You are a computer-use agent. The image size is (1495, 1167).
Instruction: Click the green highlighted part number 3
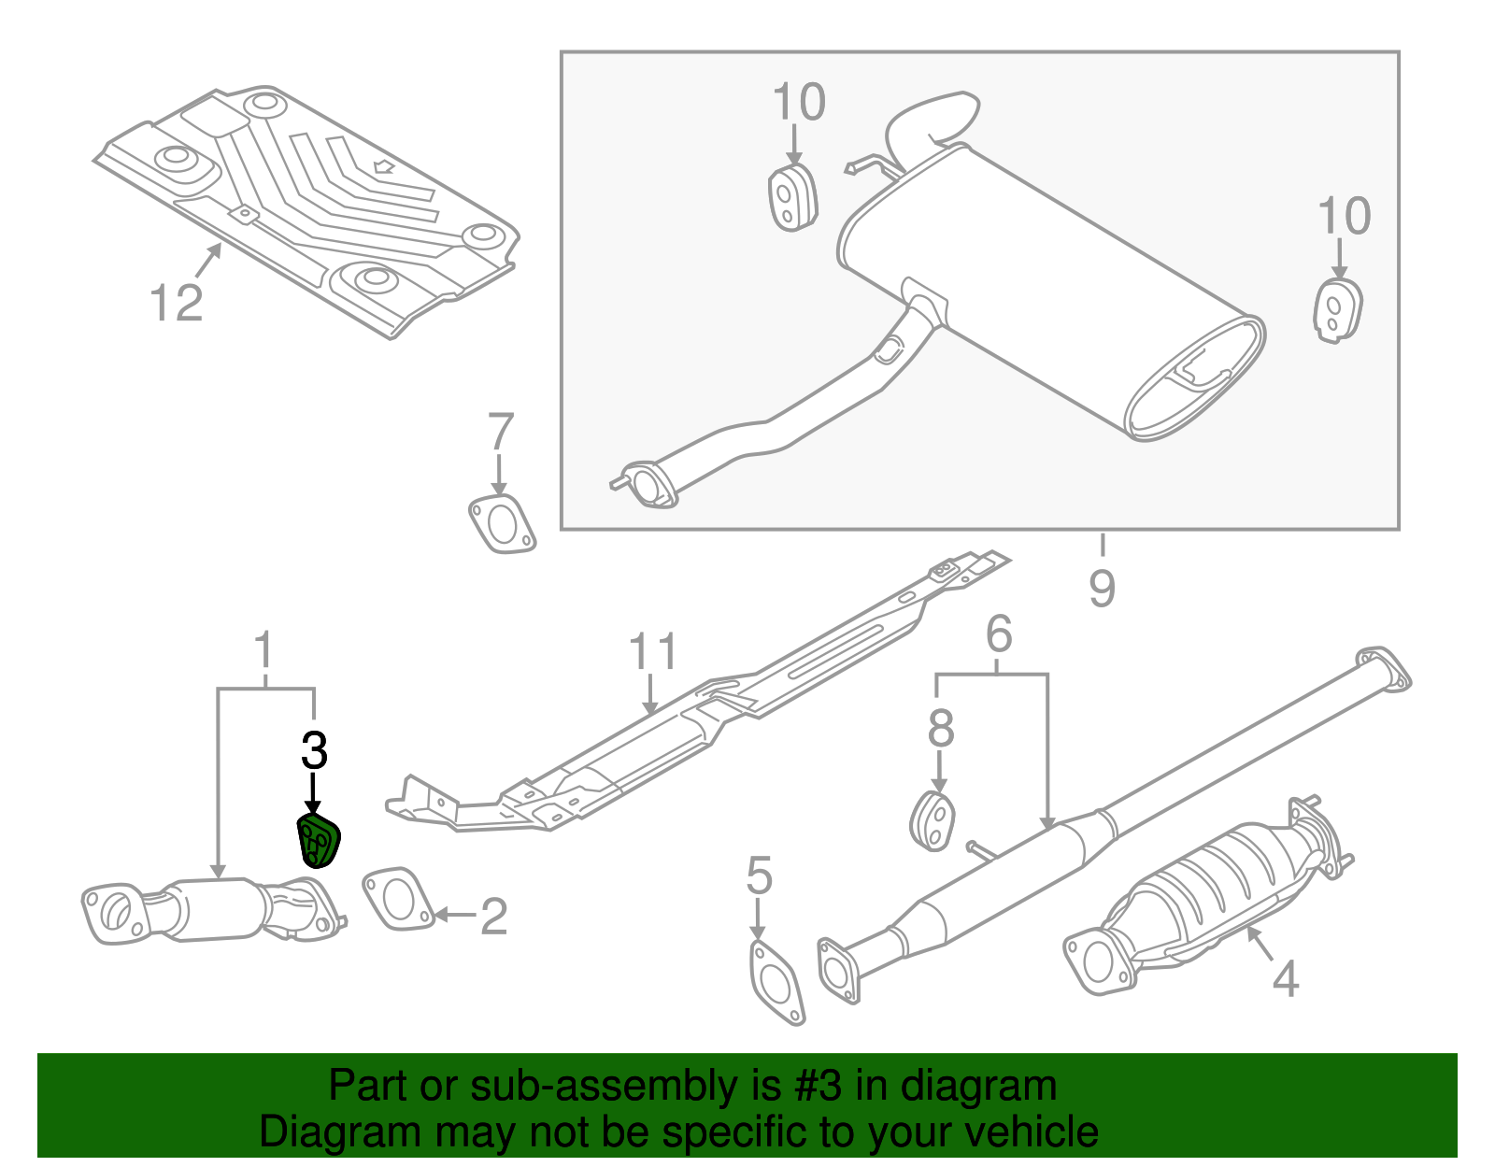[318, 840]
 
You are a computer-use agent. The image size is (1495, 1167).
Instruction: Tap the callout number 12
[177, 304]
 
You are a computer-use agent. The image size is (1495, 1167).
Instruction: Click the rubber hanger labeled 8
[932, 821]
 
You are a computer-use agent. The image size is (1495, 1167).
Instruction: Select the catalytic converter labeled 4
[1205, 897]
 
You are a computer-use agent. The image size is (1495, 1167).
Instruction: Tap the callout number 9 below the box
[1102, 589]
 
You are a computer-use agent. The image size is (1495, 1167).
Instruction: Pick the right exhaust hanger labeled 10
[1337, 310]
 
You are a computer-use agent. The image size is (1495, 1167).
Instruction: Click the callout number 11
[652, 651]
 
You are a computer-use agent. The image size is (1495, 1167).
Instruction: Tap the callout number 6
[999, 634]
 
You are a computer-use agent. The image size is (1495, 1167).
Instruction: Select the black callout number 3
[315, 750]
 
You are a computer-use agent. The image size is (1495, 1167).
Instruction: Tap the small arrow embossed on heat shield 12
[383, 167]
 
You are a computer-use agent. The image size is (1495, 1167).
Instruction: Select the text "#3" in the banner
[819, 1087]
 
